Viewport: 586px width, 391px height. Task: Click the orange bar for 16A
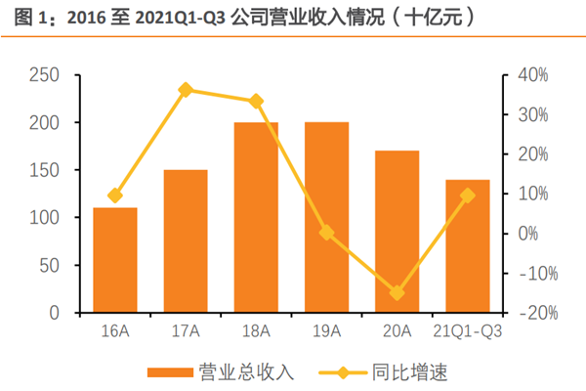click(x=115, y=260)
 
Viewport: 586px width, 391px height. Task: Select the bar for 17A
click(x=186, y=241)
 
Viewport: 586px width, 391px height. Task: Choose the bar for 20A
click(x=397, y=232)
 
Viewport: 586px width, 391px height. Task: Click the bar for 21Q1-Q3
click(x=468, y=246)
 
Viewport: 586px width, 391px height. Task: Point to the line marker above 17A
click(x=186, y=90)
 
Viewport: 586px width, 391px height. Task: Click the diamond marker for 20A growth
click(x=397, y=292)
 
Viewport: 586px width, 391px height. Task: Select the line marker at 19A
click(x=326, y=233)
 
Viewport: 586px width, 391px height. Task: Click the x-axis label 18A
click(x=256, y=330)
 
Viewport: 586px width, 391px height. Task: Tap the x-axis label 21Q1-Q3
click(x=467, y=330)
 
